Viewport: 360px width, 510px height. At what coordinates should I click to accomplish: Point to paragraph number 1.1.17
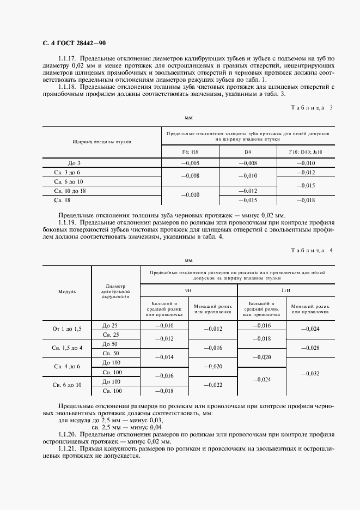[x=68, y=58]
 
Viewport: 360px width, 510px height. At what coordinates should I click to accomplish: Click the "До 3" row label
[x=75, y=163]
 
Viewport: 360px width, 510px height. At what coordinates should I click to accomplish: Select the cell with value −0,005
[x=191, y=163]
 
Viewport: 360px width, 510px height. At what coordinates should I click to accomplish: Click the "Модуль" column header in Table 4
[x=67, y=292]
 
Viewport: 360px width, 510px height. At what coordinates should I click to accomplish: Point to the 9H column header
[x=188, y=290]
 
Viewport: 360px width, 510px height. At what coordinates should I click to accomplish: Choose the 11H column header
[x=285, y=290]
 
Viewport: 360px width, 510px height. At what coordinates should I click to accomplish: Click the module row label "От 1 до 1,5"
[x=67, y=330]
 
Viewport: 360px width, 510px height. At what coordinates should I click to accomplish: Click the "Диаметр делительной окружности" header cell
[x=115, y=292]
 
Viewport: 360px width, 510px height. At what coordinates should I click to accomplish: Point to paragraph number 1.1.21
[x=68, y=448]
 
